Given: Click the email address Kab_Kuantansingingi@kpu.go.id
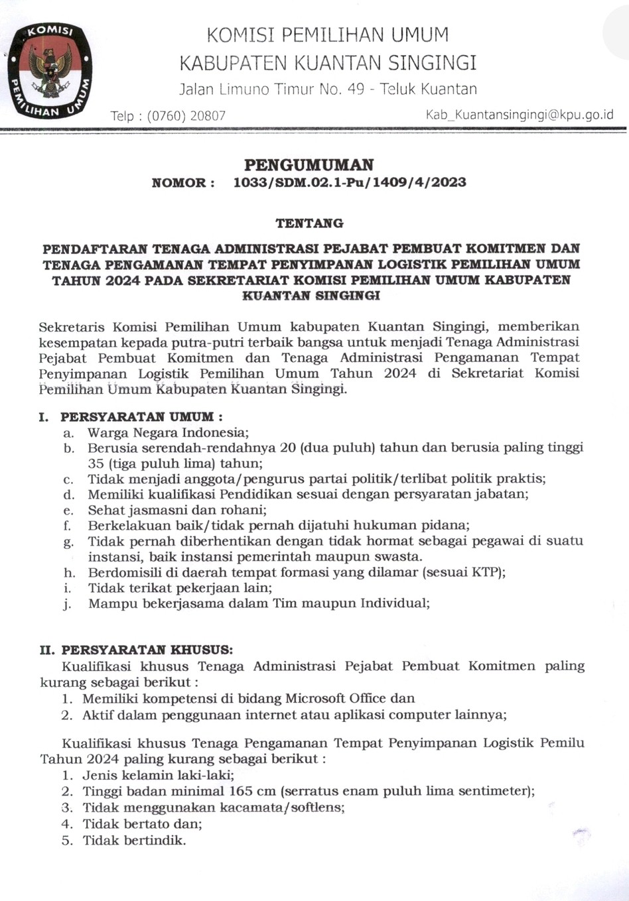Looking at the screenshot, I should pyautogui.click(x=520, y=115).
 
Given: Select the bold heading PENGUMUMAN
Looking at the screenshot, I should pyautogui.click(x=309, y=164).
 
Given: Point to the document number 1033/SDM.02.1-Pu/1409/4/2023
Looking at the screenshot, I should pyautogui.click(x=350, y=182).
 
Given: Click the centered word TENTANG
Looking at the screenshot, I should pyautogui.click(x=310, y=223).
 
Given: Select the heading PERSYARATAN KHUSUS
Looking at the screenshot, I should pyautogui.click(x=147, y=650).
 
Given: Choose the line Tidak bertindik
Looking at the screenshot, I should pyautogui.click(x=134, y=840).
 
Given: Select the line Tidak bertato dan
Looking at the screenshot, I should pyautogui.click(x=142, y=823).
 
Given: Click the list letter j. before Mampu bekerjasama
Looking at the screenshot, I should pyautogui.click(x=68, y=604).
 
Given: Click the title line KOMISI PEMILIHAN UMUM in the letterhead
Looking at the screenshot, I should pyautogui.click(x=328, y=35).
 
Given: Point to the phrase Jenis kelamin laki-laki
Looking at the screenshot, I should pyautogui.click(x=158, y=774).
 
